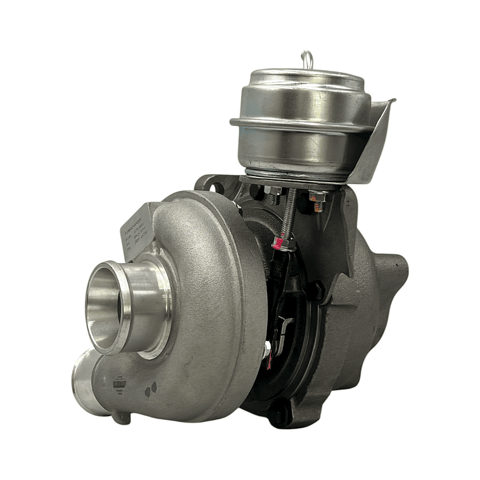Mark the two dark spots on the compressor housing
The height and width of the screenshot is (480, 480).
(x=152, y=388)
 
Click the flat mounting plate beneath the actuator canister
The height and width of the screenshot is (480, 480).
(x=294, y=180)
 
